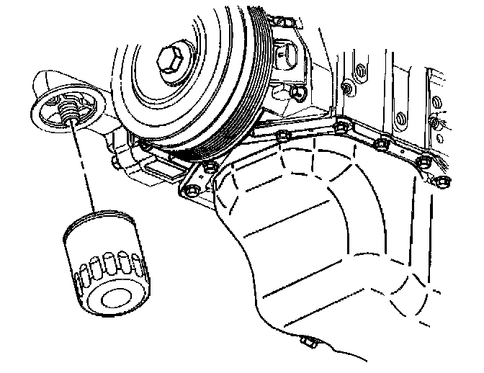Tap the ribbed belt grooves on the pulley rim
click(241, 122)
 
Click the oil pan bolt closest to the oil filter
click(192, 191)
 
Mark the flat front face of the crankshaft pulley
click(155, 79)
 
